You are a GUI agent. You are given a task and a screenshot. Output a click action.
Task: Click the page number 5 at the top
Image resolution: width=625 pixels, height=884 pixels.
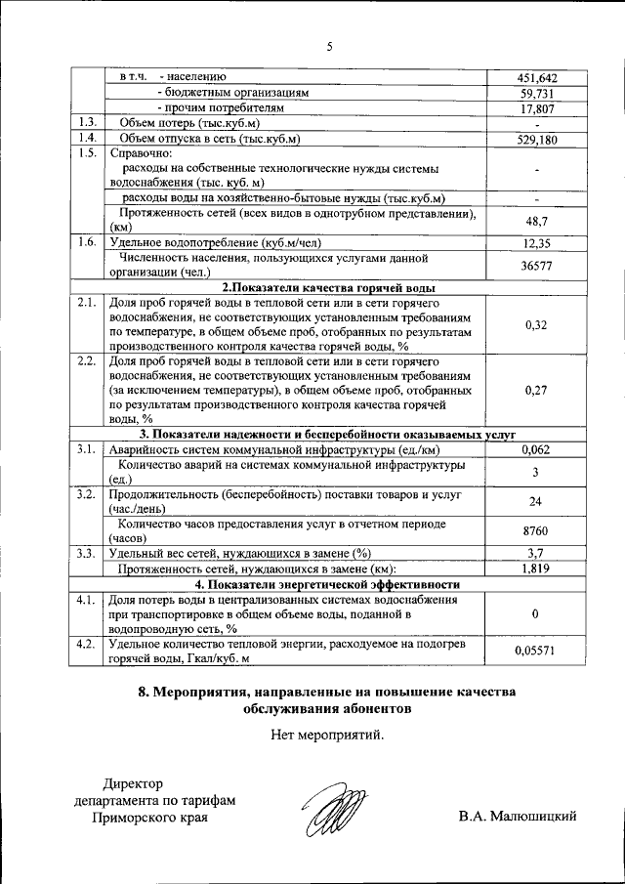[x=329, y=47]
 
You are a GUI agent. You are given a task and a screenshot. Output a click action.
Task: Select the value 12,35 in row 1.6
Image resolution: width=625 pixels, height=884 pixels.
[x=537, y=243]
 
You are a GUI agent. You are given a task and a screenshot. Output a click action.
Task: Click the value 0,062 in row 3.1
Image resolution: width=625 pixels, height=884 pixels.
[x=537, y=449]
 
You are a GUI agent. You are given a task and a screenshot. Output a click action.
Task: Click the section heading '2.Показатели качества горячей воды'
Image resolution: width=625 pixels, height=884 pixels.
[x=329, y=287]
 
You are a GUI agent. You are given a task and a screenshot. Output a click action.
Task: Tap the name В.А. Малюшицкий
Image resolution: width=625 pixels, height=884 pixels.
[x=517, y=816]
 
